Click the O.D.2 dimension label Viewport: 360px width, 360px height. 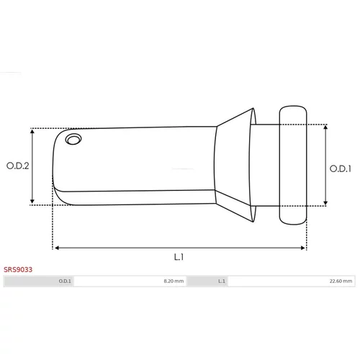point(18,166)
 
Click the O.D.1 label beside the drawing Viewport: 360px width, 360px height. point(341,168)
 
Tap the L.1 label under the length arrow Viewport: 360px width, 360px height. point(179,257)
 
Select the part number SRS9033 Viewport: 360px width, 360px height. point(18,269)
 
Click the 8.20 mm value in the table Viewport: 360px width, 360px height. point(174,281)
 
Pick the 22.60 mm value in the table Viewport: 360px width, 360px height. point(341,281)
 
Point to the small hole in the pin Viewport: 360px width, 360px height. point(73,139)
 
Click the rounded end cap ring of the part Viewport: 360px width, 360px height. point(293,165)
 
